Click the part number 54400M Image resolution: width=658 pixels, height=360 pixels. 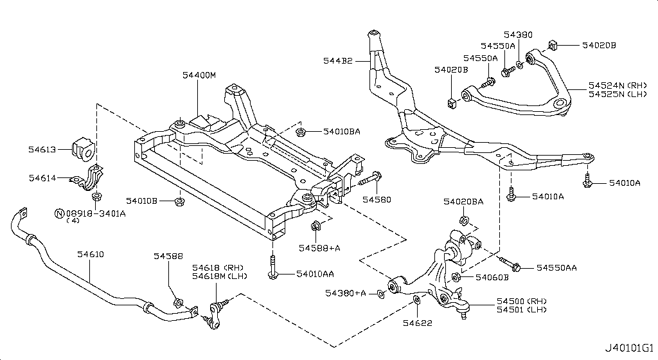pos(199,75)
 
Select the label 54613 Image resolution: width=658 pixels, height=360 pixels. pos(43,149)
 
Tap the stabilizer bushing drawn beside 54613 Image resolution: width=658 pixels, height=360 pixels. pos(84,149)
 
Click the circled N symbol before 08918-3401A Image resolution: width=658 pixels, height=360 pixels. pos(58,213)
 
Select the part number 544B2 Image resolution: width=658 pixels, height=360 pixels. pos(337,60)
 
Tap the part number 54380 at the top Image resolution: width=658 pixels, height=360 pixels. pos(518,35)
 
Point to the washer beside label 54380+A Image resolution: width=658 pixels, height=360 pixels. pos(381,294)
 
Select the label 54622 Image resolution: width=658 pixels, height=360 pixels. pos(418,322)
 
